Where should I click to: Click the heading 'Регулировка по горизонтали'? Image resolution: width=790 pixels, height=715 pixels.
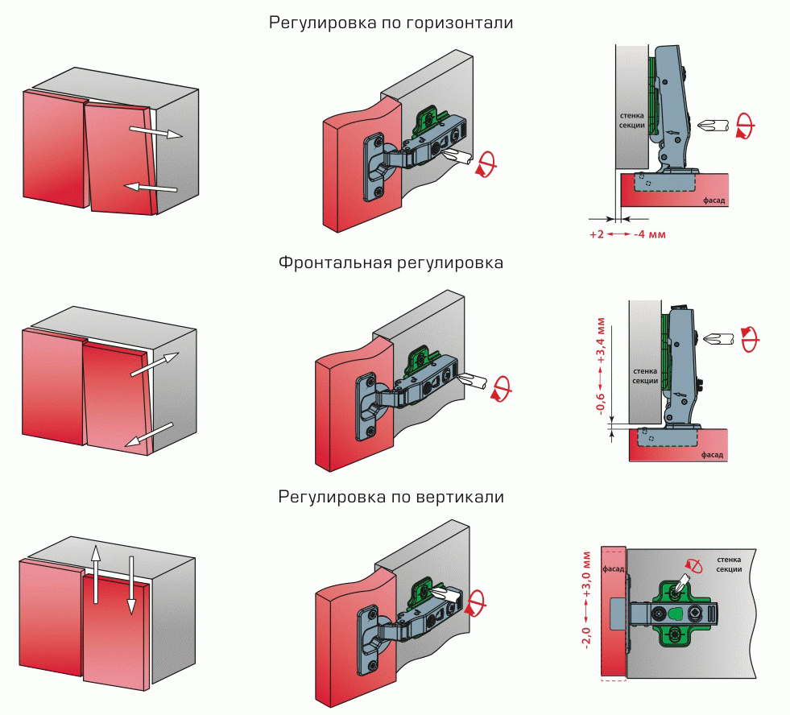[x=391, y=23]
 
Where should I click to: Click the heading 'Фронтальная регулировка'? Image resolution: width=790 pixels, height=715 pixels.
[x=391, y=262]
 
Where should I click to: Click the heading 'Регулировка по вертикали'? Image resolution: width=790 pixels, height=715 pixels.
[x=391, y=497]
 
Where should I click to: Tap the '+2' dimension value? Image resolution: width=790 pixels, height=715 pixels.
[x=597, y=234]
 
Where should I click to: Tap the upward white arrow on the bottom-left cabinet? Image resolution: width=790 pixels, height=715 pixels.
[x=95, y=574]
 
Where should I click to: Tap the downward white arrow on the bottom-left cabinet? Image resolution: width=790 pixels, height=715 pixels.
[x=130, y=584]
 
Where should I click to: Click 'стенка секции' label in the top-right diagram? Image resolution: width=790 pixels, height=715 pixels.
[x=633, y=121]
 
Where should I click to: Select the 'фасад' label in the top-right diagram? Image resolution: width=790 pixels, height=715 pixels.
[x=713, y=201]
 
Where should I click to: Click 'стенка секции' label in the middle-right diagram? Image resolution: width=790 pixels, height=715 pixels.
[x=644, y=376]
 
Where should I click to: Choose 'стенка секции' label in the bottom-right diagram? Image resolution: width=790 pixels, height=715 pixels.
[x=728, y=564]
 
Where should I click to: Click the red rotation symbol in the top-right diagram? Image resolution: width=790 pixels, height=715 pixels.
[x=747, y=126]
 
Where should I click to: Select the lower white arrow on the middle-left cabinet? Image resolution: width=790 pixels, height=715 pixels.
[x=150, y=434]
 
